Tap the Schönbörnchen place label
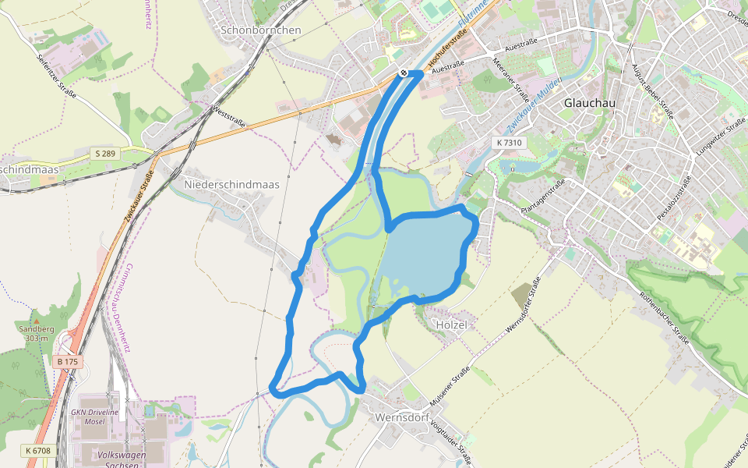261,30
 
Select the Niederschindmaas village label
231,184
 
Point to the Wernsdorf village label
404,417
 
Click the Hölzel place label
452,324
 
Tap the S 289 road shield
104,154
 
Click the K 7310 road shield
510,143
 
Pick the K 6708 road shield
37,451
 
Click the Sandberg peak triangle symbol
36,321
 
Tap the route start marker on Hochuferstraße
403,73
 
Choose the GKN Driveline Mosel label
94,415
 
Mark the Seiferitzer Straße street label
56,76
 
